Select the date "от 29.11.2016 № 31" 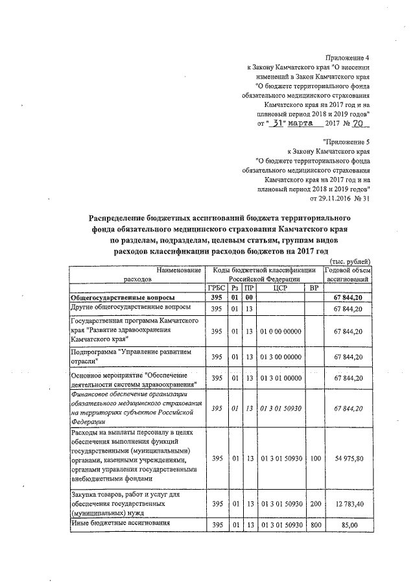(x=340, y=198)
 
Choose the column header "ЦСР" (x=280, y=287)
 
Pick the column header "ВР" (x=314, y=287)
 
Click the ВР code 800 (x=315, y=524)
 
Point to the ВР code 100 (x=315, y=459)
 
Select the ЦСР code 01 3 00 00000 (x=280, y=357)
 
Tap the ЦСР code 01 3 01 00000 (x=280, y=379)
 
